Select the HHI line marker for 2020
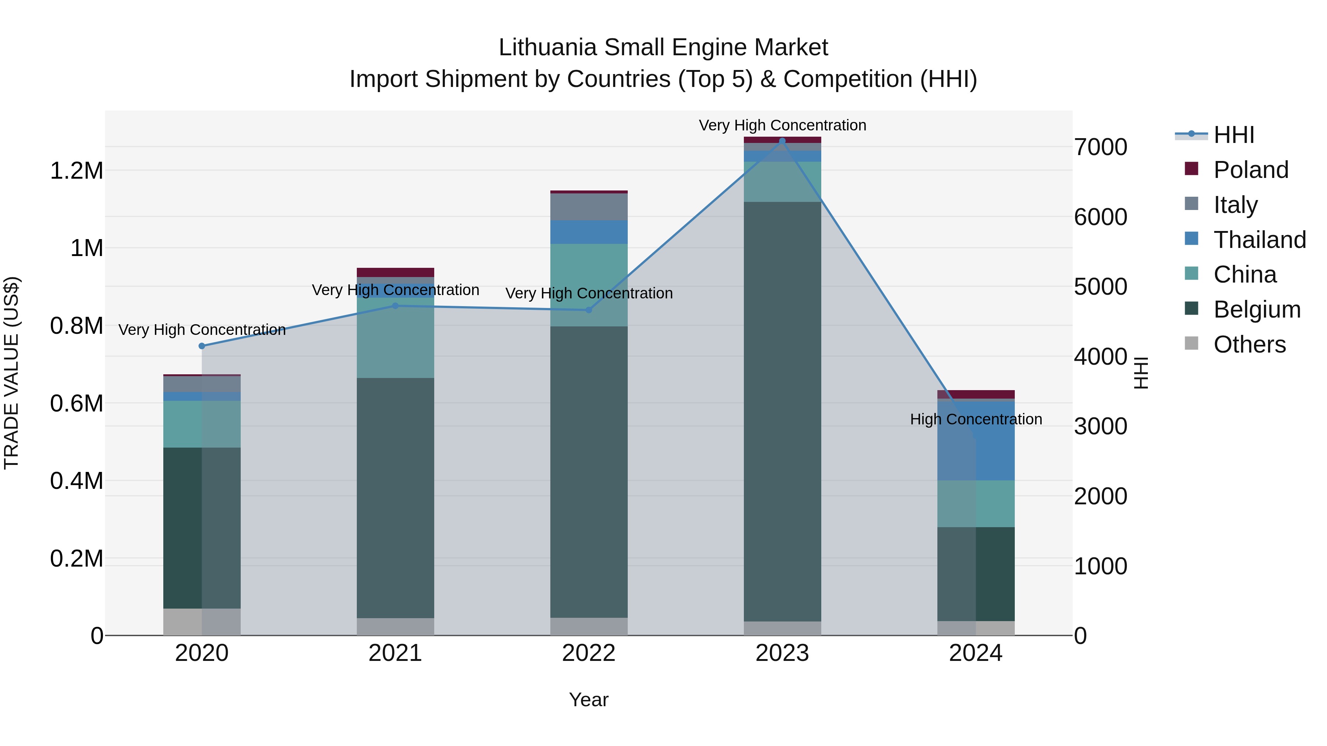(202, 346)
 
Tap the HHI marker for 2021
(396, 306)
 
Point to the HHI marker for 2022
(589, 310)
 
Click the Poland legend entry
(1250, 170)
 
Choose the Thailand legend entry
(1259, 240)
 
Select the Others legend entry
(1249, 344)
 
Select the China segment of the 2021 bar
(396, 340)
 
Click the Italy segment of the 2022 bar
(589, 207)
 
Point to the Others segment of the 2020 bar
(202, 622)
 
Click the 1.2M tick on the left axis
(76, 171)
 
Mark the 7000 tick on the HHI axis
(1100, 147)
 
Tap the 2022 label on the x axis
(589, 653)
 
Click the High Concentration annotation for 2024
(976, 419)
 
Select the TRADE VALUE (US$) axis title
(11, 373)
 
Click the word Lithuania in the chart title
(548, 48)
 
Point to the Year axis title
(589, 700)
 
